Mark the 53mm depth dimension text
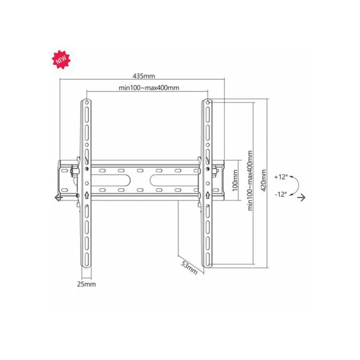click(189, 267)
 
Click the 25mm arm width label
click(87, 284)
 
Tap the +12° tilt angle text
click(281, 177)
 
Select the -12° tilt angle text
click(281, 194)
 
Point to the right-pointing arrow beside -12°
click(302, 198)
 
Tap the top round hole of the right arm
click(208, 102)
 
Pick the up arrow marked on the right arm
click(208, 196)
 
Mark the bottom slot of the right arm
click(208, 258)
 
